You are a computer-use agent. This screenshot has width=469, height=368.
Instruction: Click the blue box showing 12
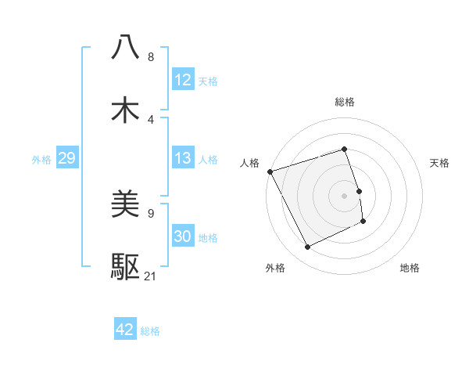183,80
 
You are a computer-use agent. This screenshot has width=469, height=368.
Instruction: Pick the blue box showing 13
183,158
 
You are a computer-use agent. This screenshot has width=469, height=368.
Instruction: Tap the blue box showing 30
183,237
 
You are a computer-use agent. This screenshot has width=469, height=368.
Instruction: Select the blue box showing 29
66,158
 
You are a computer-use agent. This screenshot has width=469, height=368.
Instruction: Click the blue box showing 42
125,330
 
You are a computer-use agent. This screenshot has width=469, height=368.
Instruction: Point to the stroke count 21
151,276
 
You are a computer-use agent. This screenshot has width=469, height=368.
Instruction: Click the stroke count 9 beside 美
150,212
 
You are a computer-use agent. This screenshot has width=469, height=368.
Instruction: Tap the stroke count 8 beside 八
150,56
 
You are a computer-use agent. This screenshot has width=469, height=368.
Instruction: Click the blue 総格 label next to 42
150,331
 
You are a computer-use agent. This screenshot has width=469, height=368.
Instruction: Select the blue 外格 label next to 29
41,160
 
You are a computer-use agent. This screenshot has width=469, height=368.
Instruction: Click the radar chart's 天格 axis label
440,163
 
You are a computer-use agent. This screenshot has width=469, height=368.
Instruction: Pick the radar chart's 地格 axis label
410,269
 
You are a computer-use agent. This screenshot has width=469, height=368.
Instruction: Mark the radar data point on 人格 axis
270,171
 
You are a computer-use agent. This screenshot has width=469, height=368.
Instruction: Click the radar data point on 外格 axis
307,247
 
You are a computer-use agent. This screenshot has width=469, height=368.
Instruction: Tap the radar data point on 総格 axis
344,149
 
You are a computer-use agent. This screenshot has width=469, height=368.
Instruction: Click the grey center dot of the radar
344,196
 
